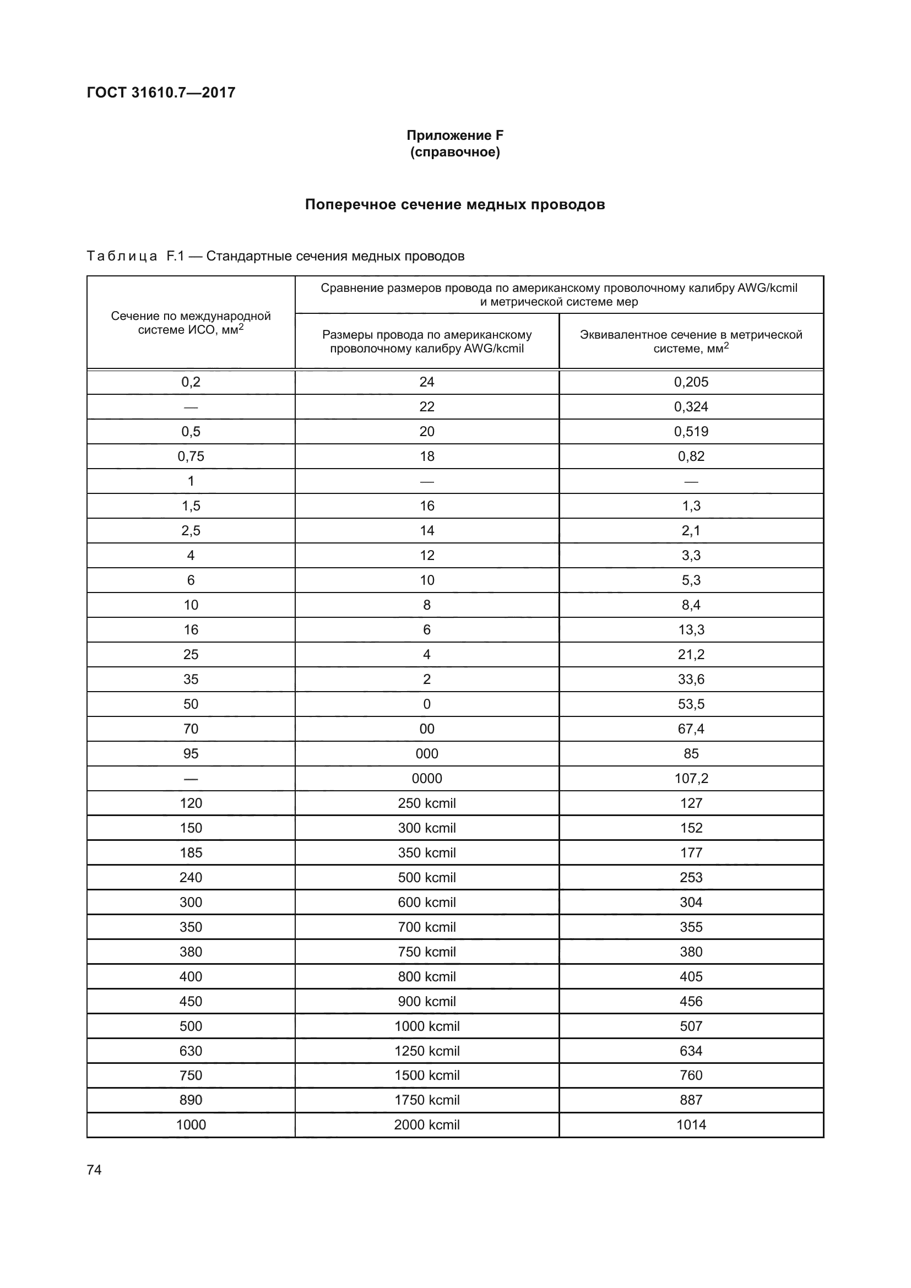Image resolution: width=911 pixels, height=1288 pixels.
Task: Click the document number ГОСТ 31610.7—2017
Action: [x=161, y=93]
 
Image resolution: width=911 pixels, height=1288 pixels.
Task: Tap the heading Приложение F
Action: [x=455, y=135]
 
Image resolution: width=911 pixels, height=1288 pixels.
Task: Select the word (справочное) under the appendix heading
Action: [x=455, y=152]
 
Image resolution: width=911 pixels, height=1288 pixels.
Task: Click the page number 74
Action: [x=94, y=1170]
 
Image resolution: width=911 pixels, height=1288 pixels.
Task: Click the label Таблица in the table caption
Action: [x=122, y=257]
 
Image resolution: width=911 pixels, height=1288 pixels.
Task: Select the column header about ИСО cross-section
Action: [x=191, y=323]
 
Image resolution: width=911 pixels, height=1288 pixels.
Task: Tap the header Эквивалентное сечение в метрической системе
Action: [x=691, y=341]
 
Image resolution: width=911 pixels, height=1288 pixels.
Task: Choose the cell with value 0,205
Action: [x=691, y=382]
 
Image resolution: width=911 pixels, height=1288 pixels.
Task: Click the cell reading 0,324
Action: [x=691, y=407]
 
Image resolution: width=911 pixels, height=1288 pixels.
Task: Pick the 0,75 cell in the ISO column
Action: [x=191, y=456]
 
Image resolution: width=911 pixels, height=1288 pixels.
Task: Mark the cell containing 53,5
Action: [x=691, y=704]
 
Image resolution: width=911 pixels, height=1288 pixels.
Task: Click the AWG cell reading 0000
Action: [x=427, y=778]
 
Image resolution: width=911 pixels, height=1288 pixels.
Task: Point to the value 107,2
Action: [x=691, y=778]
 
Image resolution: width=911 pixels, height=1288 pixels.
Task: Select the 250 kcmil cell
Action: [x=427, y=803]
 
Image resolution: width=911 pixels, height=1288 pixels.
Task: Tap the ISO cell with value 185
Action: [x=191, y=852]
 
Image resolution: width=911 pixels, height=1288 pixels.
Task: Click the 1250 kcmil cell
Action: [x=427, y=1051]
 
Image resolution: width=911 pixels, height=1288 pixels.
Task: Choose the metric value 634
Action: [x=691, y=1051]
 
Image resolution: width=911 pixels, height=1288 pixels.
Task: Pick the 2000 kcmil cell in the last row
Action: [x=427, y=1125]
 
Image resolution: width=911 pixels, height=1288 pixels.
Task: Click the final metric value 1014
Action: [x=691, y=1125]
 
